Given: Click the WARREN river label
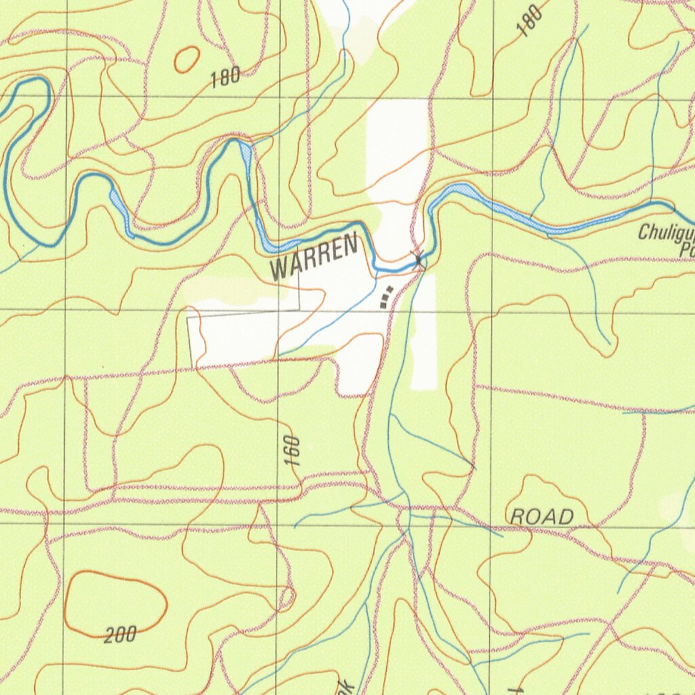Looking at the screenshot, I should click(x=314, y=256).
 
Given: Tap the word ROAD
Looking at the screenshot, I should click(x=542, y=517).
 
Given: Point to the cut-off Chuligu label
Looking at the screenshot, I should click(x=666, y=235).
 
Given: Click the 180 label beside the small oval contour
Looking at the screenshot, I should click(x=225, y=77).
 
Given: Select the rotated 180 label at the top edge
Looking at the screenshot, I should click(x=529, y=20).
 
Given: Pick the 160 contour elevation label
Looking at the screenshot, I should click(x=292, y=451).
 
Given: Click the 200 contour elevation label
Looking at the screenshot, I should click(x=121, y=635).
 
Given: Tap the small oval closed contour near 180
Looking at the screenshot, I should click(x=187, y=60).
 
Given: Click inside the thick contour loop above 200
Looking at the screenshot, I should click(x=115, y=601).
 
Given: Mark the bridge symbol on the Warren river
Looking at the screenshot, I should click(x=419, y=258).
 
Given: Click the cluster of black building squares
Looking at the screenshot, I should click(x=386, y=297).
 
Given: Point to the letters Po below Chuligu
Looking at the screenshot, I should click(x=686, y=251).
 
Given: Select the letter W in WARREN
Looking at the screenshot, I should click(x=278, y=269).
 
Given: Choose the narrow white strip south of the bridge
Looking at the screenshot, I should click(x=424, y=333).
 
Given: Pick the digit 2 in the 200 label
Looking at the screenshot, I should click(x=110, y=637).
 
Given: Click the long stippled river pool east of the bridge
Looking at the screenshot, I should click(x=502, y=206).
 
